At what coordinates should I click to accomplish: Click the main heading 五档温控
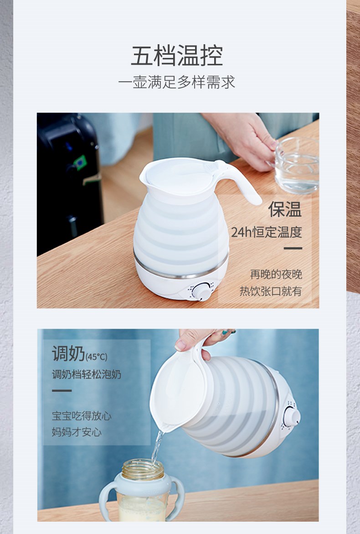177,56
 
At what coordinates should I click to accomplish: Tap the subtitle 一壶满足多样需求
177,83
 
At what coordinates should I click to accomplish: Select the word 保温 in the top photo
285,209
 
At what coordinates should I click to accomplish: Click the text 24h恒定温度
267,232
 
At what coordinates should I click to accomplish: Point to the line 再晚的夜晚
276,274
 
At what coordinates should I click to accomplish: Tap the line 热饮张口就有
271,291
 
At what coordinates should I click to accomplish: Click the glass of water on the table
296,166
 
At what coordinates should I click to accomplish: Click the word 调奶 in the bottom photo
68,353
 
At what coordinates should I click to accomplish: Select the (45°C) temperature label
96,357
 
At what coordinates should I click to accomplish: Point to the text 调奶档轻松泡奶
87,374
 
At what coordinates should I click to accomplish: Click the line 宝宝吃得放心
82,416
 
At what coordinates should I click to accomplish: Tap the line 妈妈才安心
77,432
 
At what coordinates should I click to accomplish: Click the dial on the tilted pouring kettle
292,416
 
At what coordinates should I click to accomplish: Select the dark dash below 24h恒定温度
293,249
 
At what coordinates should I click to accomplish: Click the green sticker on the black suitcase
80,162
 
